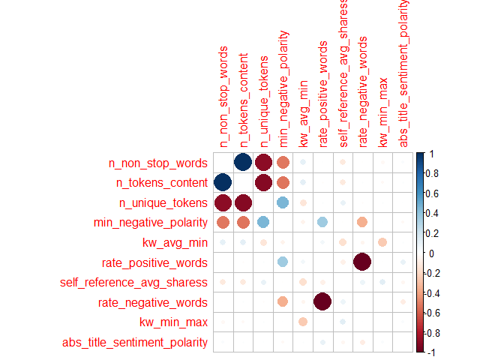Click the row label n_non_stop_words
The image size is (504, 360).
click(x=157, y=162)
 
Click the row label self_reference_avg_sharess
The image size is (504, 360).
click(x=133, y=283)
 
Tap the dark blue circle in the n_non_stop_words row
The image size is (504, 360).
click(x=243, y=162)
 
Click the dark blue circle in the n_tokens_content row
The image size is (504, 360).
click(x=223, y=182)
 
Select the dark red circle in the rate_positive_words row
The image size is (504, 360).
click(x=363, y=262)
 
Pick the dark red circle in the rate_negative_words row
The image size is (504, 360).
click(x=323, y=302)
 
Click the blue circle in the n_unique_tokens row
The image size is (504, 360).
click(x=283, y=202)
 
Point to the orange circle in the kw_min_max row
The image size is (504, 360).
click(x=303, y=322)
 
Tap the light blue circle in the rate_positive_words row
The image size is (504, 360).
click(x=283, y=262)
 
